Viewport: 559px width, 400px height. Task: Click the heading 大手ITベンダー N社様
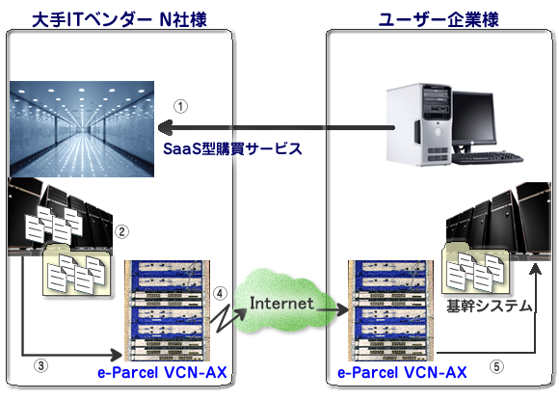(x=120, y=19)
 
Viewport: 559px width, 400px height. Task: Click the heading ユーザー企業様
(x=439, y=19)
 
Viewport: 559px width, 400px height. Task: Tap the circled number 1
(x=181, y=106)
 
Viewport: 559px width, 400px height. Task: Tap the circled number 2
(x=121, y=231)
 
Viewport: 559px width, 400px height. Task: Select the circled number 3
(x=41, y=365)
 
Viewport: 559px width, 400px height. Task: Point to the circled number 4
(x=220, y=293)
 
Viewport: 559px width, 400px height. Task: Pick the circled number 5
(x=496, y=366)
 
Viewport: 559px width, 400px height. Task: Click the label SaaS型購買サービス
(x=232, y=148)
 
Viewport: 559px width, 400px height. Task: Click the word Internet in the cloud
(x=281, y=304)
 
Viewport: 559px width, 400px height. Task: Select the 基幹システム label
(x=490, y=307)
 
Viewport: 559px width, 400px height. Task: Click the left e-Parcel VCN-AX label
(x=162, y=373)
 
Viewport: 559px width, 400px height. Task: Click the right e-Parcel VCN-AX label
(x=402, y=373)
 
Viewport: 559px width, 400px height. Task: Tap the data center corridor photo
(x=82, y=129)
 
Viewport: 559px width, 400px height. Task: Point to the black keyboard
(x=488, y=158)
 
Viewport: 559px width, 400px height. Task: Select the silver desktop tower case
(x=419, y=124)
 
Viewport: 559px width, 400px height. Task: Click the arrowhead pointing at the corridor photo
(x=165, y=127)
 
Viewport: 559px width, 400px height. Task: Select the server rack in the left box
(x=167, y=310)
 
